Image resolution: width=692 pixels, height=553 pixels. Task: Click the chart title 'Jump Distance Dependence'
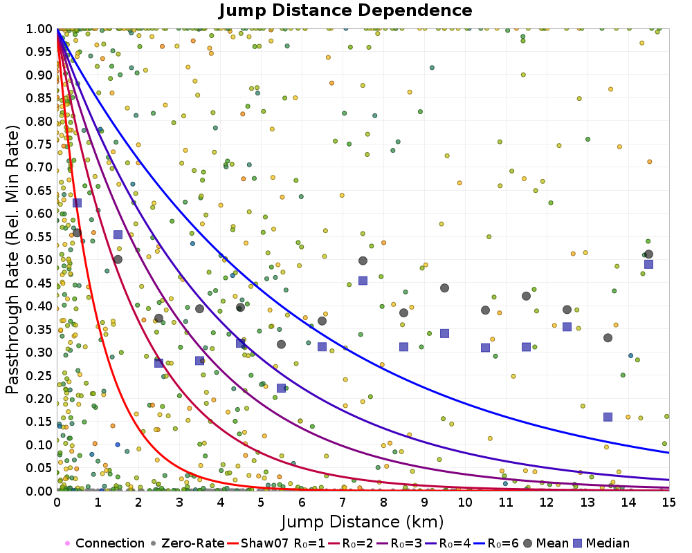click(x=345, y=10)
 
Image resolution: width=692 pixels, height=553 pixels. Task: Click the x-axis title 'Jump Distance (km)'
click(x=363, y=522)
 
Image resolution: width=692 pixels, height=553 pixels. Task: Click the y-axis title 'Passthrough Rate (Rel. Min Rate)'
click(x=12, y=260)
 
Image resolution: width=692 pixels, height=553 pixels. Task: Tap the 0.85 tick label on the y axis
click(x=39, y=98)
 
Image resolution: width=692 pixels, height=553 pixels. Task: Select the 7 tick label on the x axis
click(x=343, y=503)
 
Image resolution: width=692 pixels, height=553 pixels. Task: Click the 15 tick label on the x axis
click(x=669, y=503)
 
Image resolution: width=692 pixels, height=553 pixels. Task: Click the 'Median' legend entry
click(x=601, y=543)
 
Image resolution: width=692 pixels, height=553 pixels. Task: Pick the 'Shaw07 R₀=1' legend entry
click(x=276, y=543)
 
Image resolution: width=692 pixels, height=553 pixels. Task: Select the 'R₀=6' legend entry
click(x=496, y=543)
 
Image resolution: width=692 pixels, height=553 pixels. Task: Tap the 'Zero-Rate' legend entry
click(x=188, y=543)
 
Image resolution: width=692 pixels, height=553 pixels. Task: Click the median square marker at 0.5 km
click(x=77, y=203)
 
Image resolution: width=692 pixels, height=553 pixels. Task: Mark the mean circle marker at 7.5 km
click(x=363, y=261)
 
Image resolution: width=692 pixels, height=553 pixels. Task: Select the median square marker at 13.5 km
click(x=608, y=417)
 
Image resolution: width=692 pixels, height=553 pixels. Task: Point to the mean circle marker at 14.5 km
click(x=649, y=254)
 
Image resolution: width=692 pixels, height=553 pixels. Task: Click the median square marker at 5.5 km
click(x=281, y=388)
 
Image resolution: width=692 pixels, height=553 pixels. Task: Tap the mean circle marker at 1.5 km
click(x=118, y=259)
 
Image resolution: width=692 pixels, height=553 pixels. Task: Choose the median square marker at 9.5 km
click(x=444, y=333)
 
